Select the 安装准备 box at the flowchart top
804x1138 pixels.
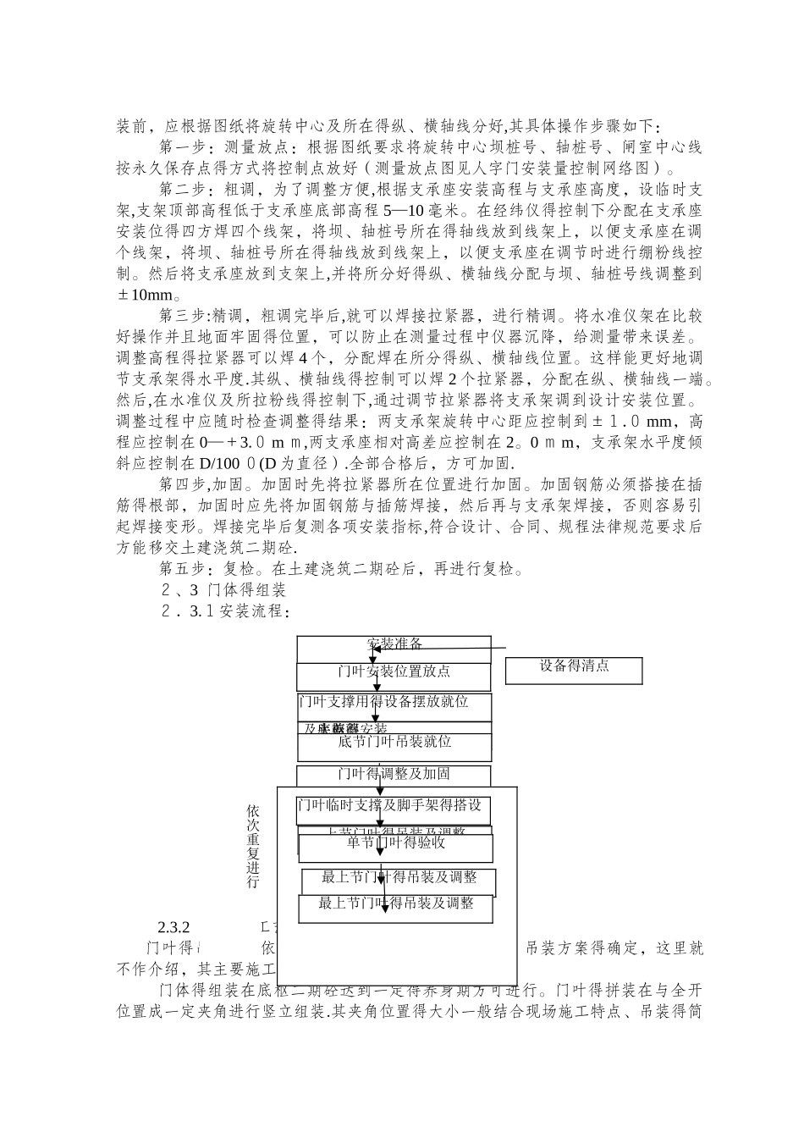pos(394,644)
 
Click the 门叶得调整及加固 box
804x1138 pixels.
pos(394,774)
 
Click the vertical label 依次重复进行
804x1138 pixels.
pos(253,846)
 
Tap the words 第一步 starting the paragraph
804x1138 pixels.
pos(179,147)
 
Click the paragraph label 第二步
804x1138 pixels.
pos(179,189)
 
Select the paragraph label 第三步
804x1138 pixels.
pos(179,316)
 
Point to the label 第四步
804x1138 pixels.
pos(179,484)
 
